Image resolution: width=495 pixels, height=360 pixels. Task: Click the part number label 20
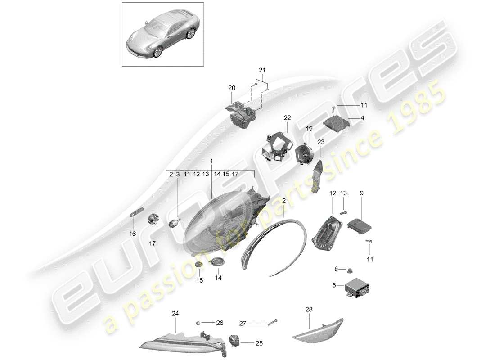coord(232,88)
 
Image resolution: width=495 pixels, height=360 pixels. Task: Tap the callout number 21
coord(262,70)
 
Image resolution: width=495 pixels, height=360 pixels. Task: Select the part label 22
coord(288,118)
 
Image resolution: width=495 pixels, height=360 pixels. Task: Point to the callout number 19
coord(309,129)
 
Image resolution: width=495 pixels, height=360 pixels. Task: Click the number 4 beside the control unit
coord(362,118)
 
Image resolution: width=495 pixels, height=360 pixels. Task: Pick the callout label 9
coord(361,193)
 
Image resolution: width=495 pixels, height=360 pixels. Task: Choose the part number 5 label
coord(334,284)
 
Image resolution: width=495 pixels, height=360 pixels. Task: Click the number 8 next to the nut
coord(336,270)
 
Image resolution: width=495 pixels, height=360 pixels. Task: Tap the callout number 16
coord(133,234)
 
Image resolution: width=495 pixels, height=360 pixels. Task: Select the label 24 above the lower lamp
coord(175,313)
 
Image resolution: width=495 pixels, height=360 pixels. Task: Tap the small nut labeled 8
coord(350,271)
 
